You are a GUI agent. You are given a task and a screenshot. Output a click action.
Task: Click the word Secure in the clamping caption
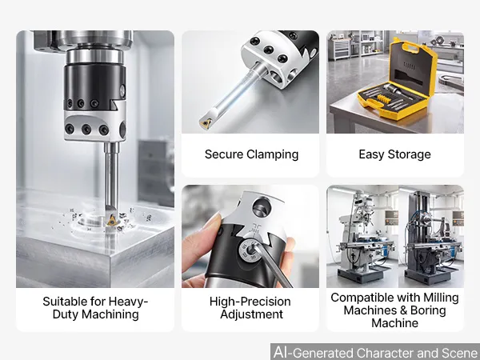[224, 154]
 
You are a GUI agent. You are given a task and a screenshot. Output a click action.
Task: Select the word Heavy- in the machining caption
[128, 302]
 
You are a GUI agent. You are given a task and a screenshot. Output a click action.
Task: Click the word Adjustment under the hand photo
[252, 314]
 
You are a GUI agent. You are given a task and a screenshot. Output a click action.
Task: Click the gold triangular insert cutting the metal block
[111, 220]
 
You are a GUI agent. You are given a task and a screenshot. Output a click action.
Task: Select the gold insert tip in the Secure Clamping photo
[205, 123]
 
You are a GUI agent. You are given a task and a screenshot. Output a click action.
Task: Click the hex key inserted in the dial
[273, 267]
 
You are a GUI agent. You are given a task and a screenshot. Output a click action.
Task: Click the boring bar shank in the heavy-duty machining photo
[111, 176]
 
